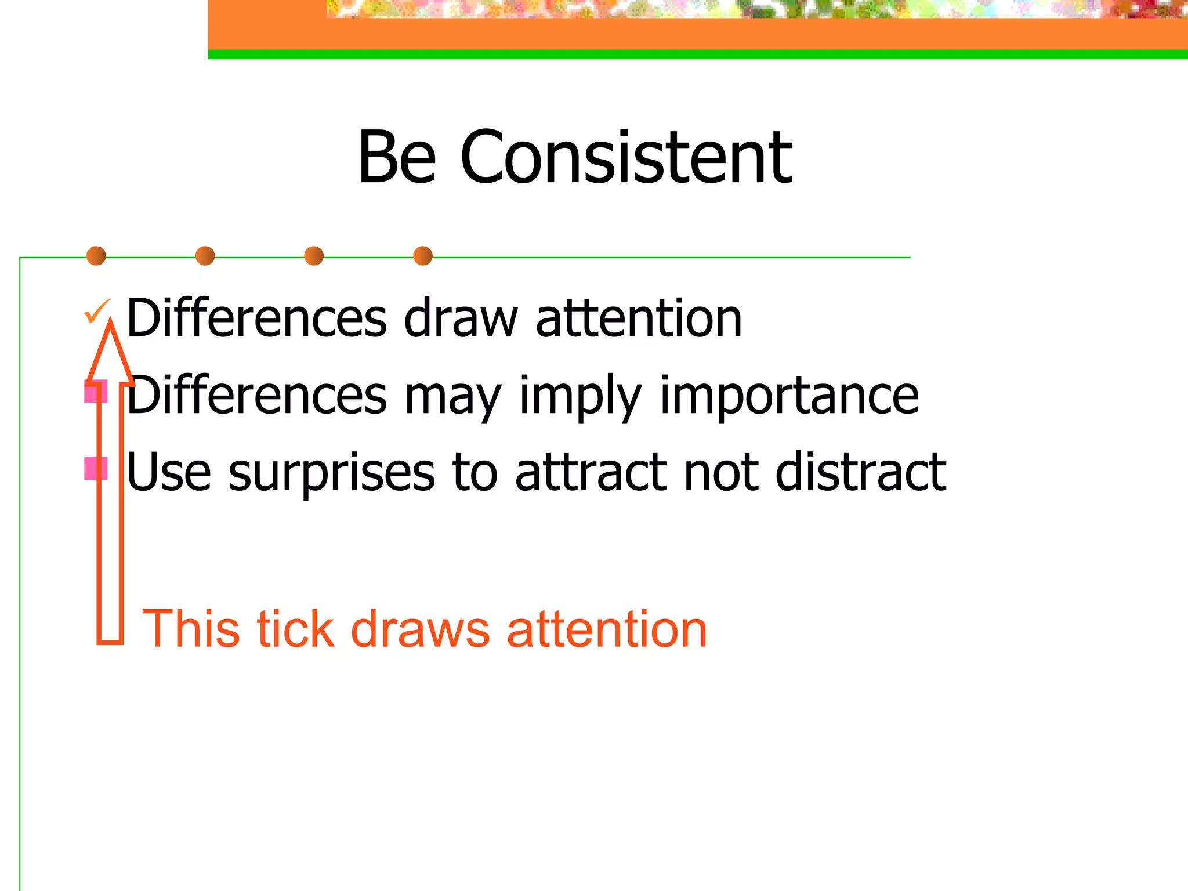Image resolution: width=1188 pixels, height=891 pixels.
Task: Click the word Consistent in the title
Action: pyautogui.click(x=626, y=158)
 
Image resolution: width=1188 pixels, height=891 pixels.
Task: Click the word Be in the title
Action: pyautogui.click(x=397, y=158)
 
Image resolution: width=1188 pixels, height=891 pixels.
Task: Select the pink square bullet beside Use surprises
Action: pyautogui.click(x=95, y=468)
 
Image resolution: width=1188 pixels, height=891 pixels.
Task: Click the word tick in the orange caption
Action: pyautogui.click(x=295, y=629)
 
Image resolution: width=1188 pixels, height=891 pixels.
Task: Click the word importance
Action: pyautogui.click(x=789, y=396)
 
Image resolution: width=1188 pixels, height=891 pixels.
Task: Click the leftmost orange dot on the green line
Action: pyautogui.click(x=96, y=256)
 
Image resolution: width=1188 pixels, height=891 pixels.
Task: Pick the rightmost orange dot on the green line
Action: pyautogui.click(x=423, y=256)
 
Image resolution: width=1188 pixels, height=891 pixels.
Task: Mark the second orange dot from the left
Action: pyautogui.click(x=205, y=256)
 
